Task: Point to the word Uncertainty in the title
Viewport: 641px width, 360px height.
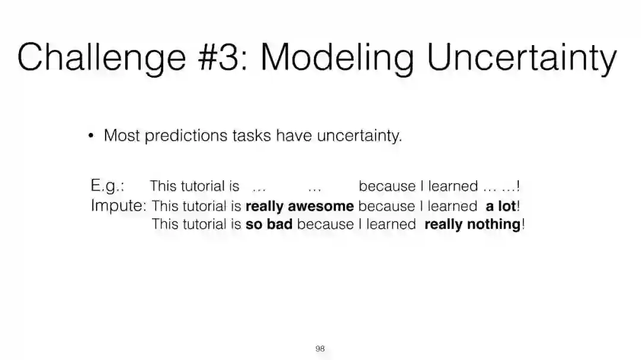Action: pos(522,59)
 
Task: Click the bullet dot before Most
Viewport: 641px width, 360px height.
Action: pos(91,135)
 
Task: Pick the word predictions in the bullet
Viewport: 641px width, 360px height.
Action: pos(186,136)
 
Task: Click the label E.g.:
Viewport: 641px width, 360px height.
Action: pos(107,186)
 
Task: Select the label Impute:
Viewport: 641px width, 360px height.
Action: pos(119,206)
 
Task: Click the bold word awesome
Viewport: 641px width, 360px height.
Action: pos(321,206)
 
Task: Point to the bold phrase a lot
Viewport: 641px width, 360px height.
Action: pos(501,206)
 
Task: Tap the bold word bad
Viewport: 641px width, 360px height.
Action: pos(280,224)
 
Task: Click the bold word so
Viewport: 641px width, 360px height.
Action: pos(254,224)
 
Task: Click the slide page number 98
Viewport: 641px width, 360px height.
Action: pos(320,349)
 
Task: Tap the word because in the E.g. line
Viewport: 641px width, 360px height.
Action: pos(387,186)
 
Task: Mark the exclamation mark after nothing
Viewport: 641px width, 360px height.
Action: pos(523,224)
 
